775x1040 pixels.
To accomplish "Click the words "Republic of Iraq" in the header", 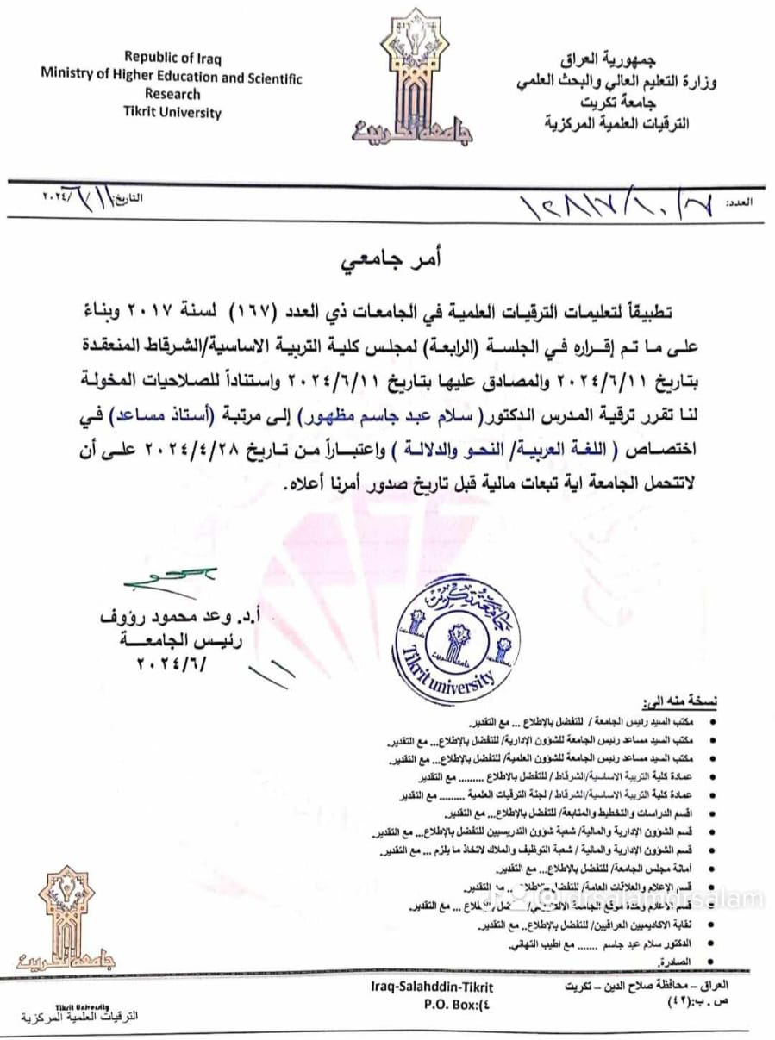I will click(172, 59).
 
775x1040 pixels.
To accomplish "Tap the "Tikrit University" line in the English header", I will click(172, 113).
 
